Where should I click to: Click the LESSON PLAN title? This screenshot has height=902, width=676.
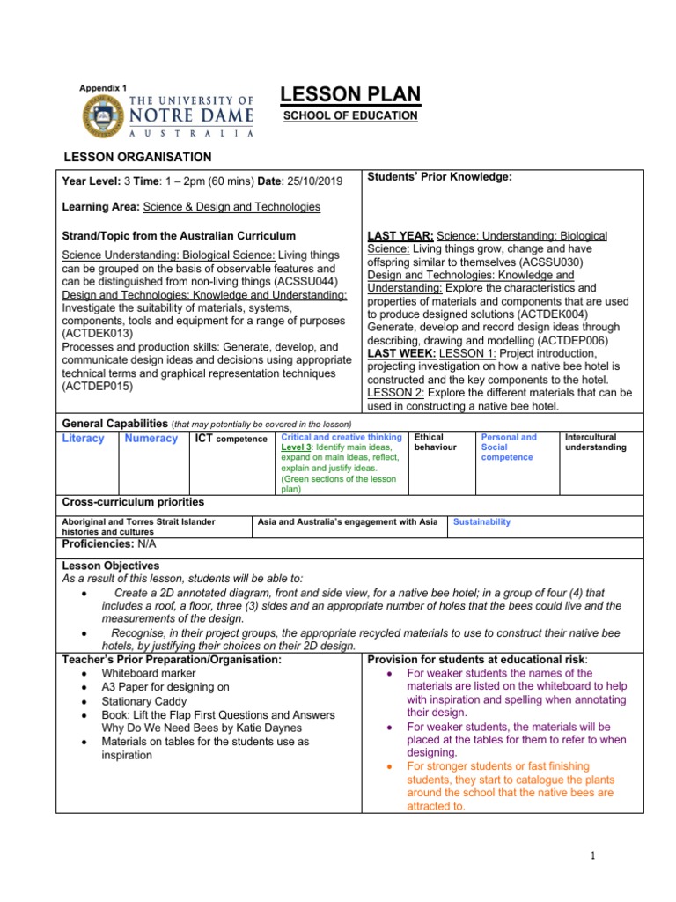[x=349, y=95]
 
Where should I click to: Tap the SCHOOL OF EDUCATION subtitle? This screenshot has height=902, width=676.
[x=349, y=116]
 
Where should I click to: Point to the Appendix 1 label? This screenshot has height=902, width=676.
[x=104, y=88]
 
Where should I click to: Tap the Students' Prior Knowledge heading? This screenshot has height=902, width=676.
[x=439, y=177]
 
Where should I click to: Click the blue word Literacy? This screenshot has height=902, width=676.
[x=84, y=439]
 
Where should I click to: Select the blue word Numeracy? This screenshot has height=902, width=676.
[x=151, y=439]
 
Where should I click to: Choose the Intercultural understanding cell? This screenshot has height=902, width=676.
[x=596, y=442]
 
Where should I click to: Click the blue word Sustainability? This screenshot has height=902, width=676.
[x=481, y=521]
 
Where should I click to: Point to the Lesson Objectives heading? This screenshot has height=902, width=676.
[x=110, y=565]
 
